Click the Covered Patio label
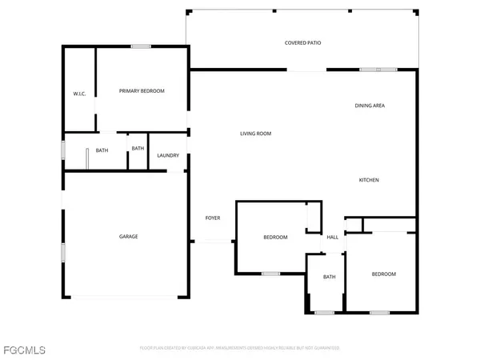(x=302, y=42)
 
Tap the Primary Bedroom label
(x=142, y=91)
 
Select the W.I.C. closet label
(x=80, y=94)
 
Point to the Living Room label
(x=256, y=134)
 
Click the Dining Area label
(x=370, y=106)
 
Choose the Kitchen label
(x=368, y=180)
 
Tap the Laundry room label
(x=167, y=155)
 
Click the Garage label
(x=129, y=237)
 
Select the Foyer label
(x=213, y=218)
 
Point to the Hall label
(x=333, y=237)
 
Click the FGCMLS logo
(x=23, y=349)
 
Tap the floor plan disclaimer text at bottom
(x=239, y=349)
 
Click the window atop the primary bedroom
(x=142, y=46)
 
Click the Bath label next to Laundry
(x=138, y=148)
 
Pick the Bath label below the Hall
(x=329, y=277)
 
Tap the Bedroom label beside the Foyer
(x=275, y=238)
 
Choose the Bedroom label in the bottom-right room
(x=384, y=274)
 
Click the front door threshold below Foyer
(x=213, y=241)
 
